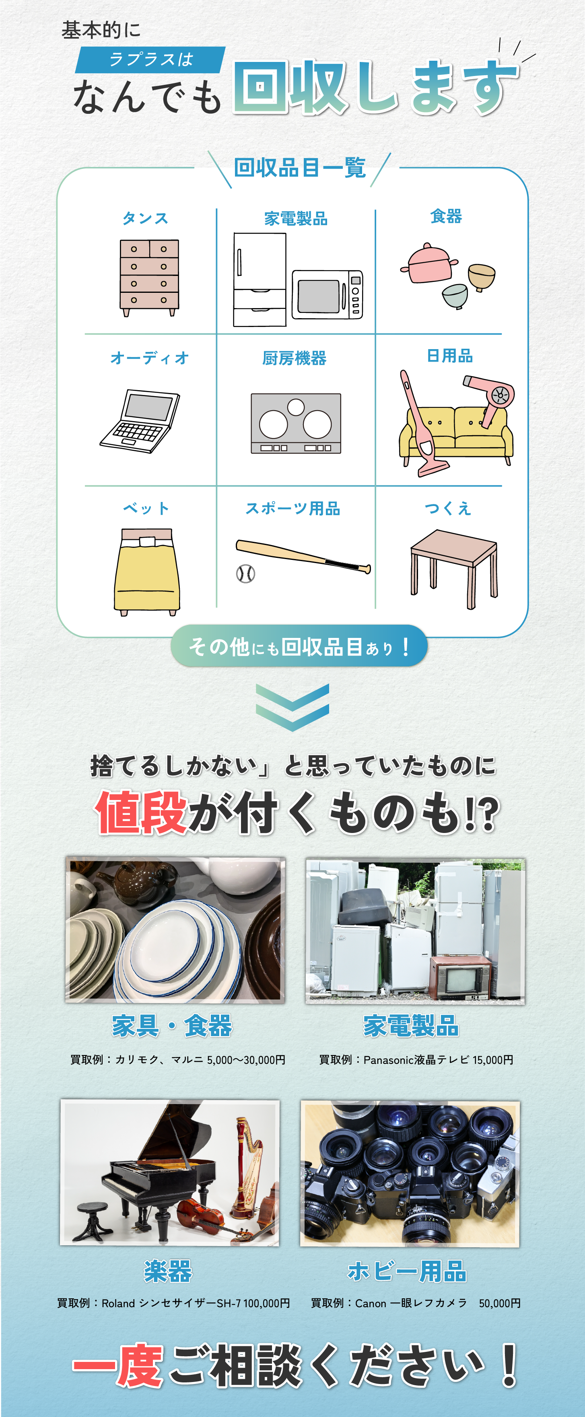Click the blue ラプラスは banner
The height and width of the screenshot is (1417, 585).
[150, 60]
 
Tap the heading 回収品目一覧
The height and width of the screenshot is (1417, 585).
[300, 168]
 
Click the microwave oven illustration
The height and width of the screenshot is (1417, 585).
[328, 294]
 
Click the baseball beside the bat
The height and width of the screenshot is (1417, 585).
[245, 574]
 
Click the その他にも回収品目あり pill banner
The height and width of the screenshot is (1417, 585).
[299, 646]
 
